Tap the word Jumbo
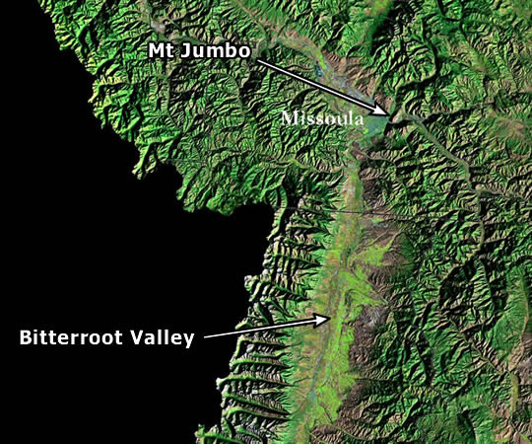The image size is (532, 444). (213, 49)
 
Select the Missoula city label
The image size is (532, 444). (321, 117)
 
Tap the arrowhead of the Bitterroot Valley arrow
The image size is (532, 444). (328, 317)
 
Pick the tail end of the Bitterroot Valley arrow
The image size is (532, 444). (207, 337)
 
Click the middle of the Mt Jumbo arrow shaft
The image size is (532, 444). (322, 88)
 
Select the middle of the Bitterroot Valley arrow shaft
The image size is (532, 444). (267, 328)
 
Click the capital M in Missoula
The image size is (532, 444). (288, 117)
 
